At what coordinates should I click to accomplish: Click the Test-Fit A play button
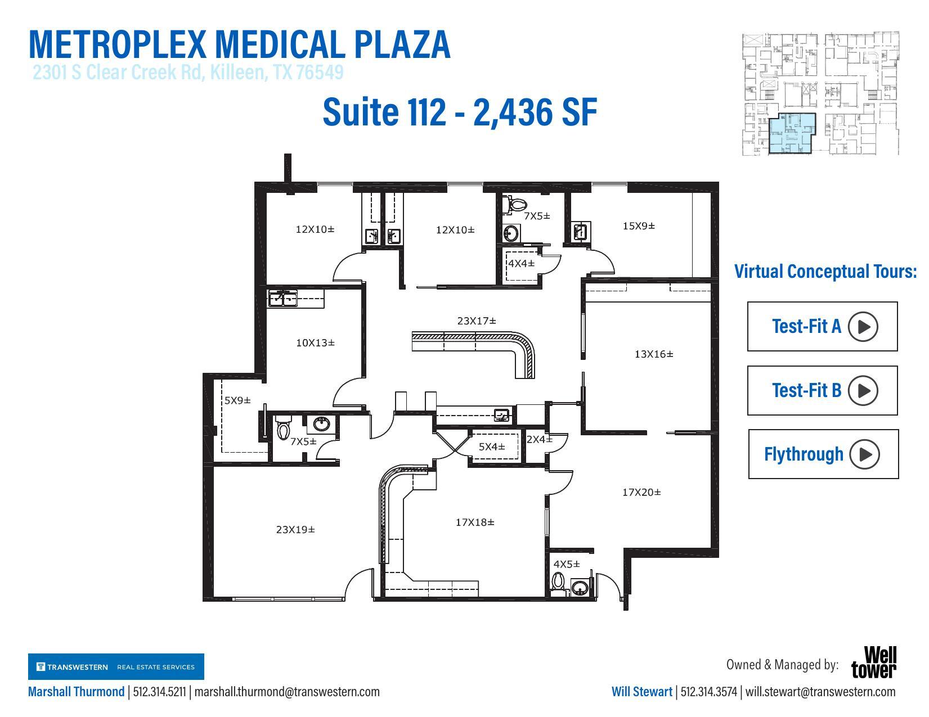point(863,327)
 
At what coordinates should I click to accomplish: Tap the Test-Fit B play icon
point(863,390)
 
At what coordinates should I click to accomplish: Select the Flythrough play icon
point(864,454)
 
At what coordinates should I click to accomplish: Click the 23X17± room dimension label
point(477,321)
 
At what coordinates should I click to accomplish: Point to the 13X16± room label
point(653,354)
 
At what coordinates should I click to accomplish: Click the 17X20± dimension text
point(641,493)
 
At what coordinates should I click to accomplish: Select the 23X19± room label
point(295,530)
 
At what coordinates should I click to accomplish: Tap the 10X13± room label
point(315,342)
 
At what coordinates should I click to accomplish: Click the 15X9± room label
point(639,226)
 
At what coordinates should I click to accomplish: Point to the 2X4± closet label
point(539,440)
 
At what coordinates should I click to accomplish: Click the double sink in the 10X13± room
point(283,299)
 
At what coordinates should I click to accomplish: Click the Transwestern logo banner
point(116,667)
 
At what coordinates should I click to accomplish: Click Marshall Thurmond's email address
point(287,692)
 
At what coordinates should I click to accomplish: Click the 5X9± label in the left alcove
point(237,401)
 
